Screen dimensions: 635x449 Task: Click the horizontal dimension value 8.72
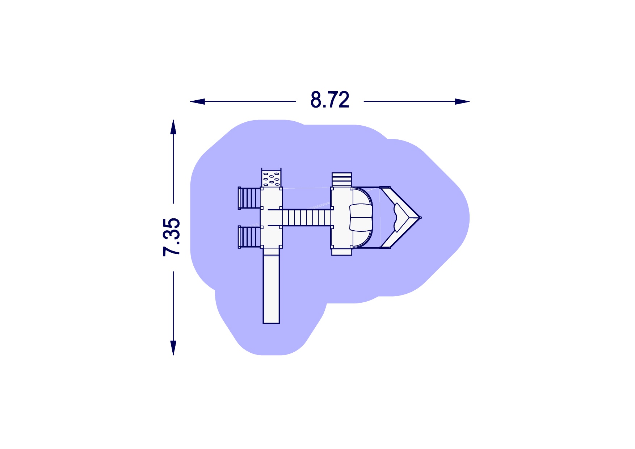coord(330,100)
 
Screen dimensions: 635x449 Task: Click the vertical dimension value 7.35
coord(172,238)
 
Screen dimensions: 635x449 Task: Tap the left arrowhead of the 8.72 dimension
coord(198,101)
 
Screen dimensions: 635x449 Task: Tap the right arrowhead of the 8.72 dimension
coord(462,101)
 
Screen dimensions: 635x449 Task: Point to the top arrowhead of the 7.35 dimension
coord(173,127)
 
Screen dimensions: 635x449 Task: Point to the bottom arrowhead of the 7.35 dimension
coord(173,348)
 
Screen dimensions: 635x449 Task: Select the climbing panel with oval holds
coord(271,177)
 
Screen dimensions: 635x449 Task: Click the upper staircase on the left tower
coord(249,198)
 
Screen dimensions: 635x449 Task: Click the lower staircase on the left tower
coord(249,237)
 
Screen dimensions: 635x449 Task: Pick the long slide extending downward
coord(272,286)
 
